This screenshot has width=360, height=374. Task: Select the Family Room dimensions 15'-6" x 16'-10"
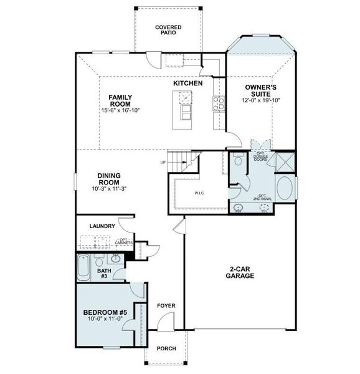(x=120, y=110)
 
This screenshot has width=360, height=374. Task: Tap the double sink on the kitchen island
(x=184, y=98)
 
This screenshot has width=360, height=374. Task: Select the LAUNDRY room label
(x=102, y=226)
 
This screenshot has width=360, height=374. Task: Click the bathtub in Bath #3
(x=83, y=269)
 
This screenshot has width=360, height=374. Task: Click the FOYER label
(x=166, y=306)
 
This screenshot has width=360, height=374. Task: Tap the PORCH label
(x=166, y=348)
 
